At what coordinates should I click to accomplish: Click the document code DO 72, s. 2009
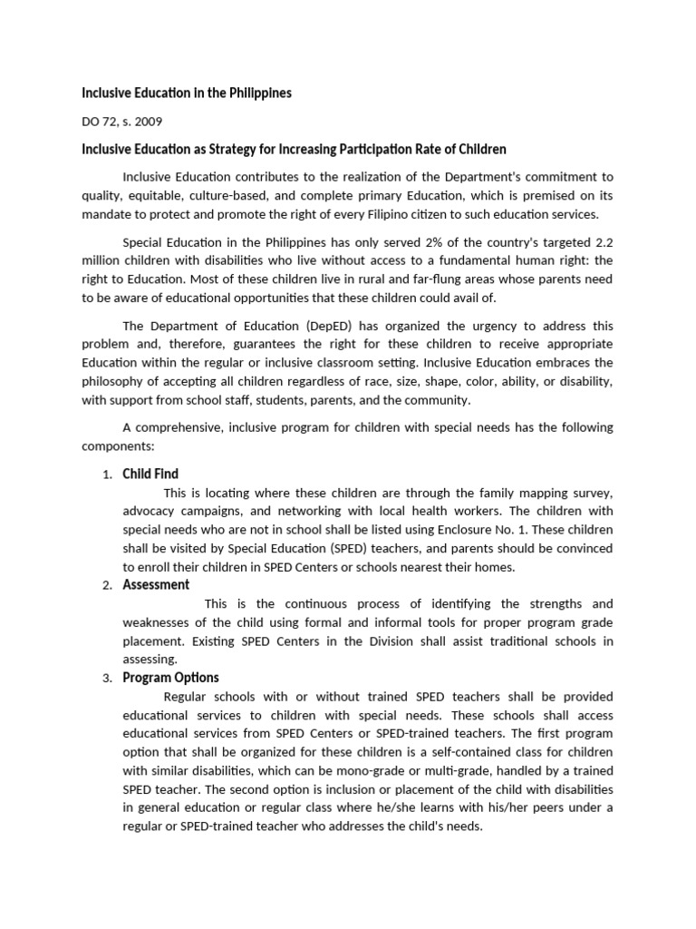(122, 121)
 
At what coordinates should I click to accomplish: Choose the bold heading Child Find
(150, 474)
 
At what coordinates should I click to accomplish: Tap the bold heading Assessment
(156, 584)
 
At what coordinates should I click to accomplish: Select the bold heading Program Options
(170, 678)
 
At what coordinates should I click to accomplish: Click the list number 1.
(106, 474)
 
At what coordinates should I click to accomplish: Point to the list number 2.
(106, 585)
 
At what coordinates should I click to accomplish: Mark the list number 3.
(106, 679)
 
